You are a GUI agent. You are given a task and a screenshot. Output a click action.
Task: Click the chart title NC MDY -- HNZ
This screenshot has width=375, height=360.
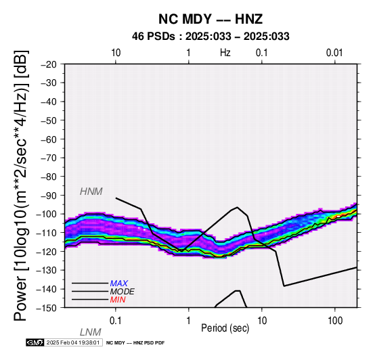(x=211, y=19)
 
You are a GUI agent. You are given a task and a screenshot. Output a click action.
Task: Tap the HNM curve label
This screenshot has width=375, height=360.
(x=91, y=192)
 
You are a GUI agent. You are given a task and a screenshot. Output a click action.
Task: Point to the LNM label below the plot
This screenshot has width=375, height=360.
(x=91, y=332)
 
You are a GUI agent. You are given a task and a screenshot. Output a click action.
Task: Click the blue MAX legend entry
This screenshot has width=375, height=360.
(x=119, y=284)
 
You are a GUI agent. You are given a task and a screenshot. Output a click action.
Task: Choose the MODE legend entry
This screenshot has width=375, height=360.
(x=123, y=292)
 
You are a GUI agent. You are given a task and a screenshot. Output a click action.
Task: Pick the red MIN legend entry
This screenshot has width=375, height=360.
(x=118, y=300)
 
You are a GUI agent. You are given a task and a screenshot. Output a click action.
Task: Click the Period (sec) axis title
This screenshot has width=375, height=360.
(x=225, y=328)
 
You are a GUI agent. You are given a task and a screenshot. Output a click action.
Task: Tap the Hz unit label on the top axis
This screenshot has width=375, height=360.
(x=225, y=53)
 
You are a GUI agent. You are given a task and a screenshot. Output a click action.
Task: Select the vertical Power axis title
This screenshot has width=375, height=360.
(x=21, y=185)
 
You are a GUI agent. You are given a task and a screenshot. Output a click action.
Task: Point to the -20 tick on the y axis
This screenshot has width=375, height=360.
(x=49, y=64)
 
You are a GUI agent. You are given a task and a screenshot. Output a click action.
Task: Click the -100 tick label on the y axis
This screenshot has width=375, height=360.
(x=47, y=214)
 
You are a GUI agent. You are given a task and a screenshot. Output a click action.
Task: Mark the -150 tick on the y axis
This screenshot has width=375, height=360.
(x=47, y=308)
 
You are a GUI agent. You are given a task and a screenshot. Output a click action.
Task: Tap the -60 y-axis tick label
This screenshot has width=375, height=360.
(x=49, y=139)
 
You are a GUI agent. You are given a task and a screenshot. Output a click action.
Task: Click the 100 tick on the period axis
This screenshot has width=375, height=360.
(x=335, y=321)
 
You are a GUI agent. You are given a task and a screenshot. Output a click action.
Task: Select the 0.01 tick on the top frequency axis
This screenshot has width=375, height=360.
(x=334, y=53)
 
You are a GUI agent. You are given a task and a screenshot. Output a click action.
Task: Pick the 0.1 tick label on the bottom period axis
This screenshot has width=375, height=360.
(x=116, y=321)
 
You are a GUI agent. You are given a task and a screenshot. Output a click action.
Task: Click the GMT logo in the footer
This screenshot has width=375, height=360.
(x=35, y=342)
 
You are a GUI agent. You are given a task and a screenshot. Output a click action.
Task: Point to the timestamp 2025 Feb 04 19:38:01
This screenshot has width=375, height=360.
(x=73, y=342)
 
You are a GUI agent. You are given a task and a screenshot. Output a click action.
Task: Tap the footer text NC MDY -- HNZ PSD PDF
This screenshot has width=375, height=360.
(x=135, y=343)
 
